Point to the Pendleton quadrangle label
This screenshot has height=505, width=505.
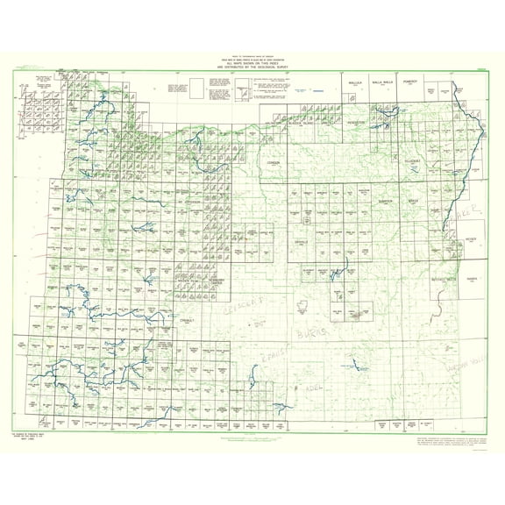coord(355,124)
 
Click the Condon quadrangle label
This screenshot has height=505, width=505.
coord(274,164)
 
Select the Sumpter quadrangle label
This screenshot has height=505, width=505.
coord(384,202)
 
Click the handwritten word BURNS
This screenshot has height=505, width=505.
coord(309,336)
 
